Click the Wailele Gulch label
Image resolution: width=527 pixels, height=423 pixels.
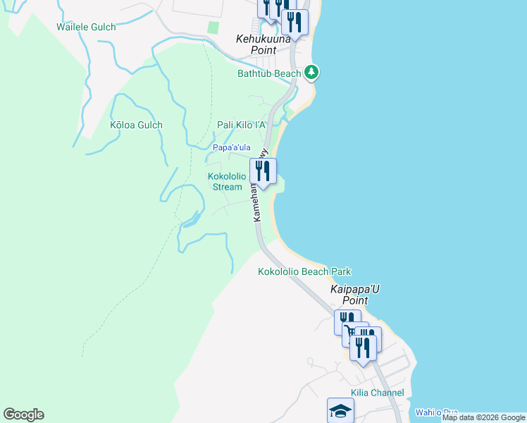(87, 27)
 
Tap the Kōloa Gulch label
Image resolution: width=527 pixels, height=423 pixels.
(136, 125)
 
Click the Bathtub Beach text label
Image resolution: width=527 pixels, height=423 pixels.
(269, 73)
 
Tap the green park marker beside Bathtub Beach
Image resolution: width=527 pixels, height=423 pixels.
(311, 72)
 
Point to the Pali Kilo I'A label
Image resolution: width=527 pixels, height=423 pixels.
(241, 125)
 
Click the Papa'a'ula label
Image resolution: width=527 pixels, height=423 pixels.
(232, 147)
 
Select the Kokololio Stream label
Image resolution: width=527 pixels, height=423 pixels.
(227, 181)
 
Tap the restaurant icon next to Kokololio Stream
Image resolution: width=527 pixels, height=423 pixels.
(263, 171)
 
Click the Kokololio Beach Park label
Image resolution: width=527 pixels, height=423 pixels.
(304, 271)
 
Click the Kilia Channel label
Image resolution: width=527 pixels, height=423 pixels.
(377, 393)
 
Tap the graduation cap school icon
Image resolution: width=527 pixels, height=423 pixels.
(340, 410)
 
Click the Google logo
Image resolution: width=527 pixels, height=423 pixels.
(23, 415)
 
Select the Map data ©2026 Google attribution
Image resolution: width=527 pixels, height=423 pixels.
(483, 418)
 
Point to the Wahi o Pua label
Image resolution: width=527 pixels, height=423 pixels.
(436, 412)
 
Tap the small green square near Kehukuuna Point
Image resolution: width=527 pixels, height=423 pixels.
(213, 27)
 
